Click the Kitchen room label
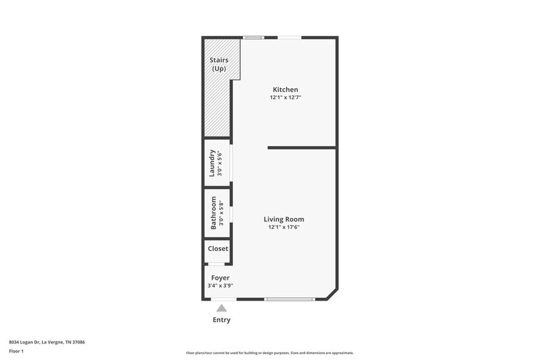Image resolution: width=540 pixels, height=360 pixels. click(x=285, y=90)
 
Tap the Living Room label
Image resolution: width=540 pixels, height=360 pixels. click(x=283, y=219)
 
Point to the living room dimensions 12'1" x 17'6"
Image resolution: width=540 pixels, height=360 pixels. click(x=283, y=227)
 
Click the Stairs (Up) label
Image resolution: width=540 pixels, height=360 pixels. click(x=219, y=64)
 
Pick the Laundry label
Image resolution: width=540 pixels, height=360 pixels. click(x=212, y=163)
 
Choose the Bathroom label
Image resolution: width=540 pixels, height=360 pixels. click(x=214, y=212)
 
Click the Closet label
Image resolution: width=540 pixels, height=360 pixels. click(x=218, y=249)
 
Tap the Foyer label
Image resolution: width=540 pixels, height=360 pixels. click(x=220, y=277)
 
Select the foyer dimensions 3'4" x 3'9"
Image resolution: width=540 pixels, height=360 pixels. click(x=220, y=285)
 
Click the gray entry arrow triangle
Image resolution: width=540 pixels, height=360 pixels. click(x=222, y=308)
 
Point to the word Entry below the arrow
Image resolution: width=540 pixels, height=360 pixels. click(x=222, y=320)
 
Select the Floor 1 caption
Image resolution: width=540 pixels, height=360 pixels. click(x=17, y=351)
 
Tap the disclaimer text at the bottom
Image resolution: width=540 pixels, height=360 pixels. click(x=269, y=353)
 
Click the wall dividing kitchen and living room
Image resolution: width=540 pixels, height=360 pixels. click(x=302, y=148)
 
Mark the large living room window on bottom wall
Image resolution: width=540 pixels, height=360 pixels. click(x=290, y=299)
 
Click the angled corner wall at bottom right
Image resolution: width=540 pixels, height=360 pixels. click(x=332, y=293)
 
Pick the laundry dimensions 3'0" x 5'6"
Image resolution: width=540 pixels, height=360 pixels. click(x=219, y=163)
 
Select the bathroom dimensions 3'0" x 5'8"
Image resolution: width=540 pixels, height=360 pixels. click(x=220, y=212)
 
